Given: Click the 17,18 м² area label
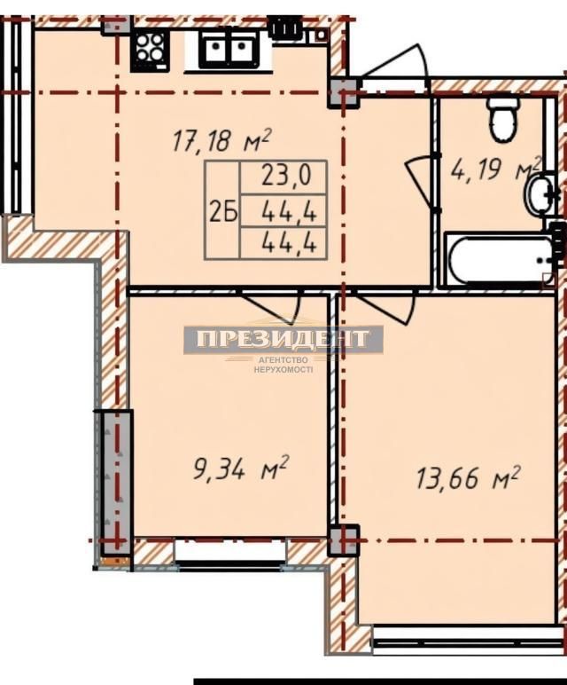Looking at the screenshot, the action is click(222, 140).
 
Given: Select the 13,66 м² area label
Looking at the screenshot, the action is click(467, 477).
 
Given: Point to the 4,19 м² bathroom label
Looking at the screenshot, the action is click(494, 169).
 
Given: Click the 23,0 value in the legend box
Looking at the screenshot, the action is click(286, 177).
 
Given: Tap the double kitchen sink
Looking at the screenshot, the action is click(229, 50).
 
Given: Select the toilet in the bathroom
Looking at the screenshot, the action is click(504, 119).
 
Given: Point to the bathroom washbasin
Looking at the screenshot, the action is click(540, 195).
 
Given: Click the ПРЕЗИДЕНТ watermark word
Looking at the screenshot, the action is click(283, 339).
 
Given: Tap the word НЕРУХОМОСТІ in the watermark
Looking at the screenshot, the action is click(283, 369).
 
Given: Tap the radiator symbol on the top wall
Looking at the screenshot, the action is click(285, 28).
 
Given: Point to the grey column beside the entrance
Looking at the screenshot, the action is click(343, 93).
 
